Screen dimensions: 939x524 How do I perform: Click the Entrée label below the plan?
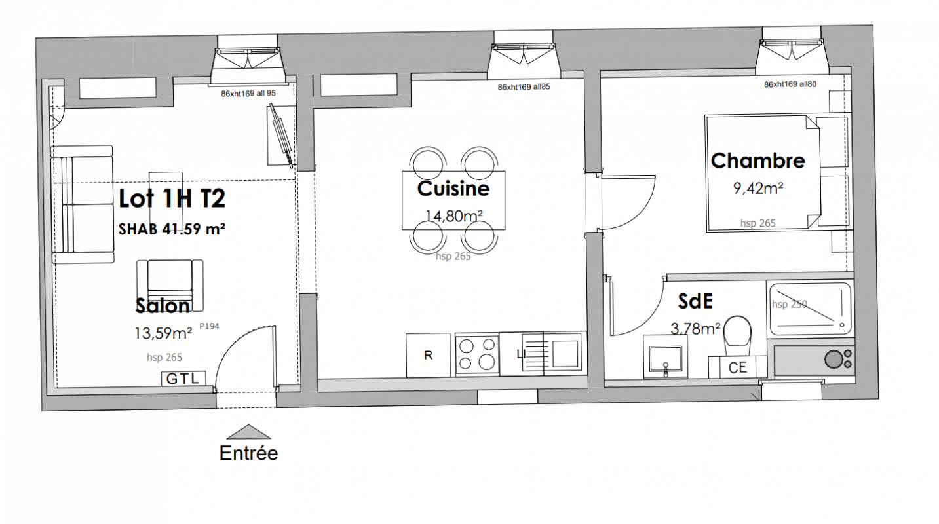point(248,453)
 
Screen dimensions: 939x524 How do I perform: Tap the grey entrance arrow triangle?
point(248,432)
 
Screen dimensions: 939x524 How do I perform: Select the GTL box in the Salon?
point(183,379)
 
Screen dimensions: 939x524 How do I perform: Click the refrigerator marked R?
point(428,355)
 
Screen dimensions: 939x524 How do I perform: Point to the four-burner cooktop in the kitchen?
point(477,355)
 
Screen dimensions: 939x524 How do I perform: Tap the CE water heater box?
point(737,367)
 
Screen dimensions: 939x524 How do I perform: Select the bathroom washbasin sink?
point(665,356)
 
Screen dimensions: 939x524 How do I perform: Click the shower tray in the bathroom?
point(811,309)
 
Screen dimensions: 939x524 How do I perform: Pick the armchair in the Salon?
point(170,285)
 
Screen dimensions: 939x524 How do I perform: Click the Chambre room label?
point(758,161)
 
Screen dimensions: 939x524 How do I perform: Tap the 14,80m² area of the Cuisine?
point(454,215)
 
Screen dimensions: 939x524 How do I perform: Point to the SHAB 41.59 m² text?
point(172,229)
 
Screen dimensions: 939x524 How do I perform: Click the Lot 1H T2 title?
point(172,198)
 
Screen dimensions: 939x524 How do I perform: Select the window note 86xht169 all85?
point(524,87)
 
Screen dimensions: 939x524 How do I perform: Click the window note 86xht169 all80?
point(790,84)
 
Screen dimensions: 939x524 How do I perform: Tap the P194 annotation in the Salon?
point(209,326)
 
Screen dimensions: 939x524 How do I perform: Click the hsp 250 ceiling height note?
point(790,304)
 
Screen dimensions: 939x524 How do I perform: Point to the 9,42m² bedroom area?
point(758,189)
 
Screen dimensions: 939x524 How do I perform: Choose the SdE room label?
point(695,301)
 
